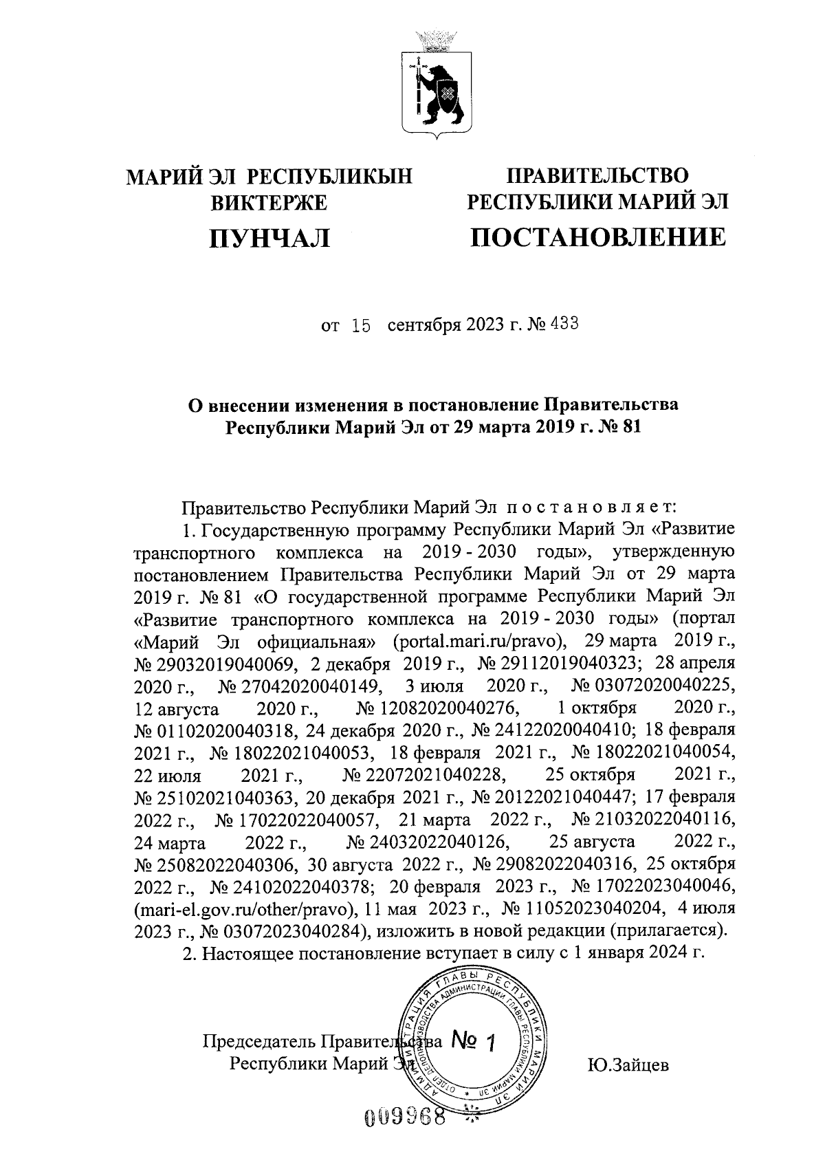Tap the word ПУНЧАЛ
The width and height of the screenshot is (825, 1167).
point(270,237)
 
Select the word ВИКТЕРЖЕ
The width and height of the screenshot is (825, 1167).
point(270,202)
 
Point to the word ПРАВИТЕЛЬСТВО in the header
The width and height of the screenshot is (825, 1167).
point(597,175)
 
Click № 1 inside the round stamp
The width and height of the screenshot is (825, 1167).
point(475,1041)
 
